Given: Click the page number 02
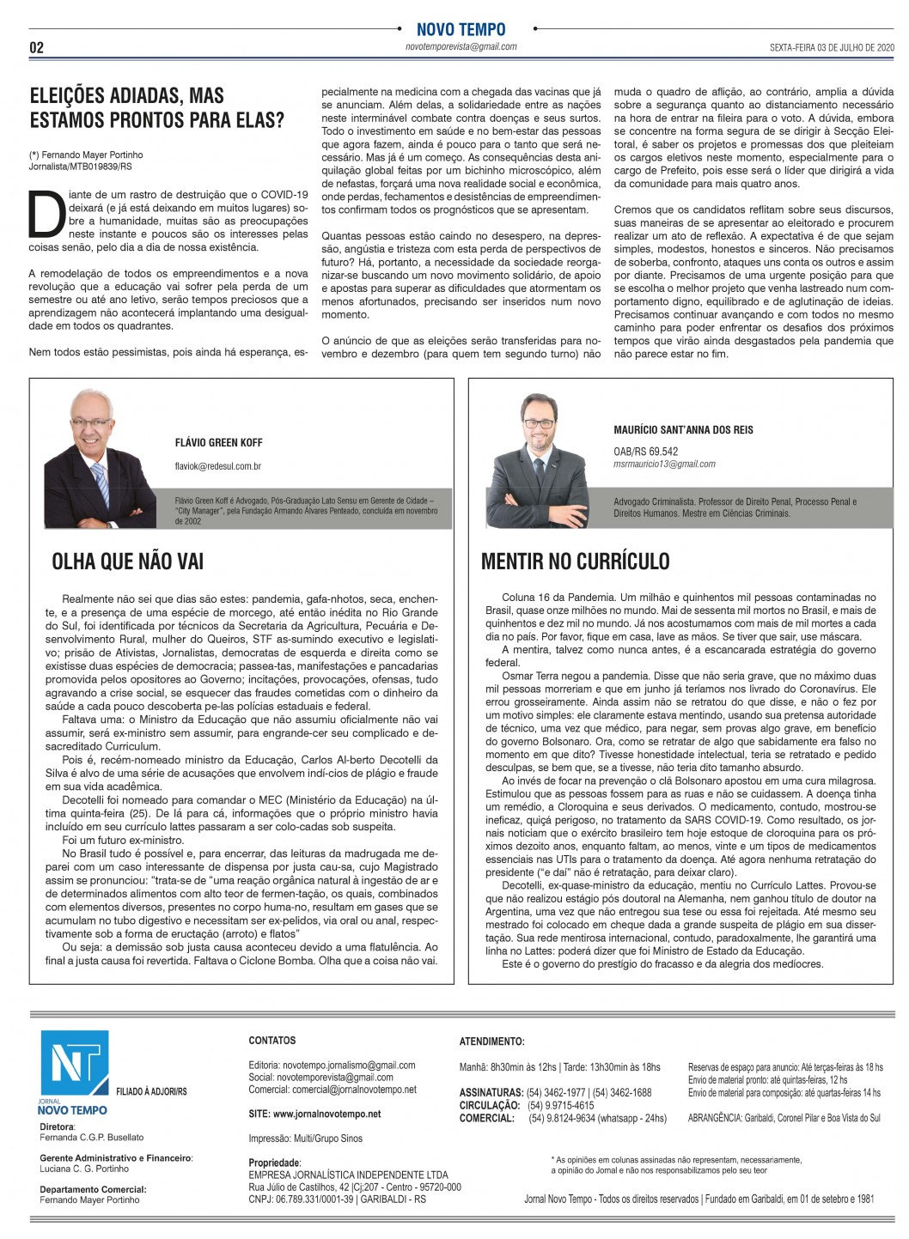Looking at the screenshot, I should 36,47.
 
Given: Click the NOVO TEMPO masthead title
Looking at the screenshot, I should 461,29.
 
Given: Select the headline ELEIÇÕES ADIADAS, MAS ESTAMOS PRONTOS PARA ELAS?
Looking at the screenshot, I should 156,107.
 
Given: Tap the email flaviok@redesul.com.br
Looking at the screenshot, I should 217,466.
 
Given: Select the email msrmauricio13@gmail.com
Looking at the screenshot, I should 664,464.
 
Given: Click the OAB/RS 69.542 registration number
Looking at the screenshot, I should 645,451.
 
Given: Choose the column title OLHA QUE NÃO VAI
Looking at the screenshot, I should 128,562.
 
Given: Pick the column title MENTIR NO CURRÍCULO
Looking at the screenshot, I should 575,562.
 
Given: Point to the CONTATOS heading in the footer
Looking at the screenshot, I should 271,1040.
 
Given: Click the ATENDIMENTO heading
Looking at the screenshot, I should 491,1042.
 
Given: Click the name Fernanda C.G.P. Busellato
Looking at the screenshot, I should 92,1137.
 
